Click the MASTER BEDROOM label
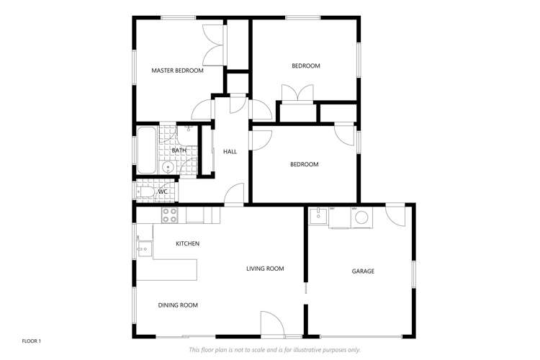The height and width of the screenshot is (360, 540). (177, 71)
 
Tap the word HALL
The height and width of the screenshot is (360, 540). (230, 151)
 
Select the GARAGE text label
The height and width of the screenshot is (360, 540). (363, 271)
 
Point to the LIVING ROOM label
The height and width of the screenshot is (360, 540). (265, 269)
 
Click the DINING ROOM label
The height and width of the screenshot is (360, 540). (178, 305)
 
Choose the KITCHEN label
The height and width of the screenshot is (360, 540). (187, 243)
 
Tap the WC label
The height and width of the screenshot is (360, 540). (163, 192)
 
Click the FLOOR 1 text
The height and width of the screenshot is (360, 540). (32, 340)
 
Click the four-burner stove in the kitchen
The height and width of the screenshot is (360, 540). (170, 215)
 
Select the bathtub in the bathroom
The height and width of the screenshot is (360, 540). (146, 150)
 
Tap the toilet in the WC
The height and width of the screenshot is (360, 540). (143, 192)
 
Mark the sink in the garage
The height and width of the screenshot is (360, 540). (318, 215)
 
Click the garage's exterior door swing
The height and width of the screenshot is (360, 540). (395, 215)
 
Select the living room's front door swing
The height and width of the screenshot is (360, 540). (271, 323)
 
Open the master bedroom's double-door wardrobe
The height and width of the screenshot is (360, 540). (214, 45)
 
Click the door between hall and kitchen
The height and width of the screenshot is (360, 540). (235, 195)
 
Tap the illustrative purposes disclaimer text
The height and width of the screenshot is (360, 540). (274, 350)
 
